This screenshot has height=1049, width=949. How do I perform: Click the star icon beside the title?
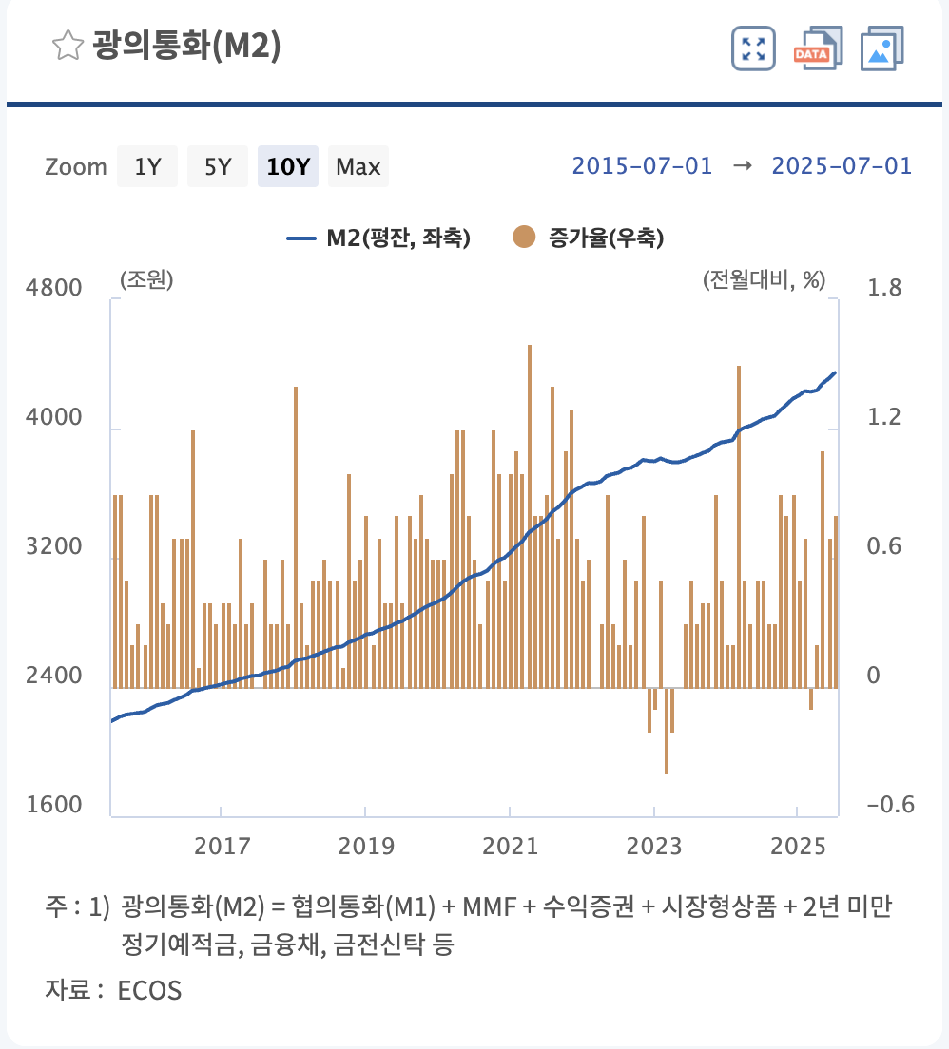tap(68, 46)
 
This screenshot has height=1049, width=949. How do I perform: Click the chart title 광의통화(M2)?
tap(186, 46)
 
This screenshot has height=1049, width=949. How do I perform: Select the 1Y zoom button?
tap(147, 167)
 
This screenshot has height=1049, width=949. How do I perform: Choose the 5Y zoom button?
tap(218, 167)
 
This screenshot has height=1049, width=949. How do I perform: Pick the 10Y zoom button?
tap(287, 167)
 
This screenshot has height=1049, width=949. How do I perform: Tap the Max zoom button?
tap(358, 167)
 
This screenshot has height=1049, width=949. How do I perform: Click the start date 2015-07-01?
tap(642, 166)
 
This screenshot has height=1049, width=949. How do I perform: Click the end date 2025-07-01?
tap(842, 166)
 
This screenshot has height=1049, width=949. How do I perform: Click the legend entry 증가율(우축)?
tap(590, 238)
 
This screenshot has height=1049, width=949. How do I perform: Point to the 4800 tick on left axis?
tap(58, 288)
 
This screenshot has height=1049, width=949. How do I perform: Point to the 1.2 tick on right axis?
tap(883, 417)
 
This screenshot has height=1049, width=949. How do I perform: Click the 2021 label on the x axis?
tap(510, 846)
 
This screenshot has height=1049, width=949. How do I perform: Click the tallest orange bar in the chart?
tap(529, 513)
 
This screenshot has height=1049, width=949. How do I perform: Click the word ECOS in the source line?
tap(149, 991)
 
